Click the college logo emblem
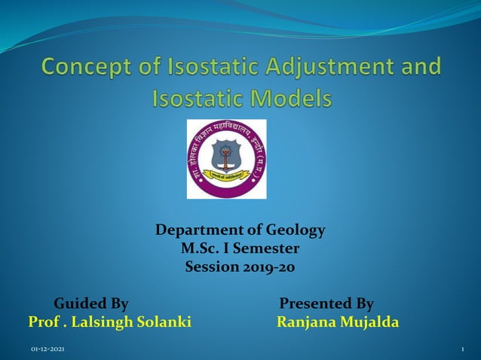(x=226, y=159)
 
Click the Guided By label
(x=91, y=304)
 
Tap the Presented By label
(x=326, y=304)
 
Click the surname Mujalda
(x=369, y=322)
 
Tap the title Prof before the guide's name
(x=43, y=322)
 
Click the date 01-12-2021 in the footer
(x=47, y=351)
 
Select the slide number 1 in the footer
(x=461, y=351)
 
